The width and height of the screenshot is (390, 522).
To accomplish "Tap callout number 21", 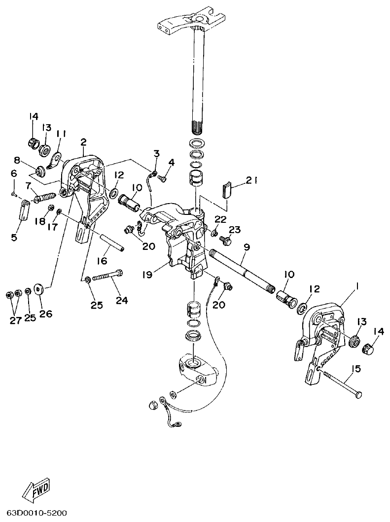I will pyautogui.click(x=252, y=182).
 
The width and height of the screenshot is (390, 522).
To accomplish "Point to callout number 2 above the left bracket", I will pyautogui.click(x=83, y=142).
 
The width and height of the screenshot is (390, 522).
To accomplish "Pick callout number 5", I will pyautogui.click(x=14, y=237).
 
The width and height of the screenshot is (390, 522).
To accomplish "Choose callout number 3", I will pyautogui.click(x=156, y=154).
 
